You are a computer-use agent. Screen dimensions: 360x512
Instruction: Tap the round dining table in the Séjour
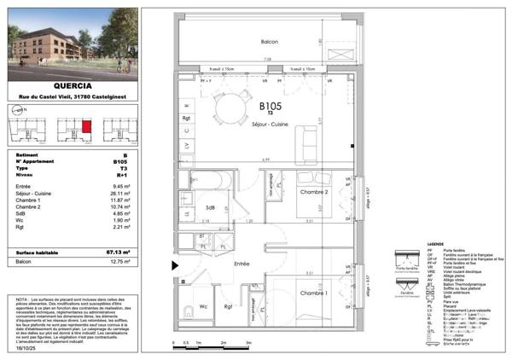tap(229, 108)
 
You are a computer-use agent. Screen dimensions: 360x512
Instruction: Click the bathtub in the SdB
tap(206, 180)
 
